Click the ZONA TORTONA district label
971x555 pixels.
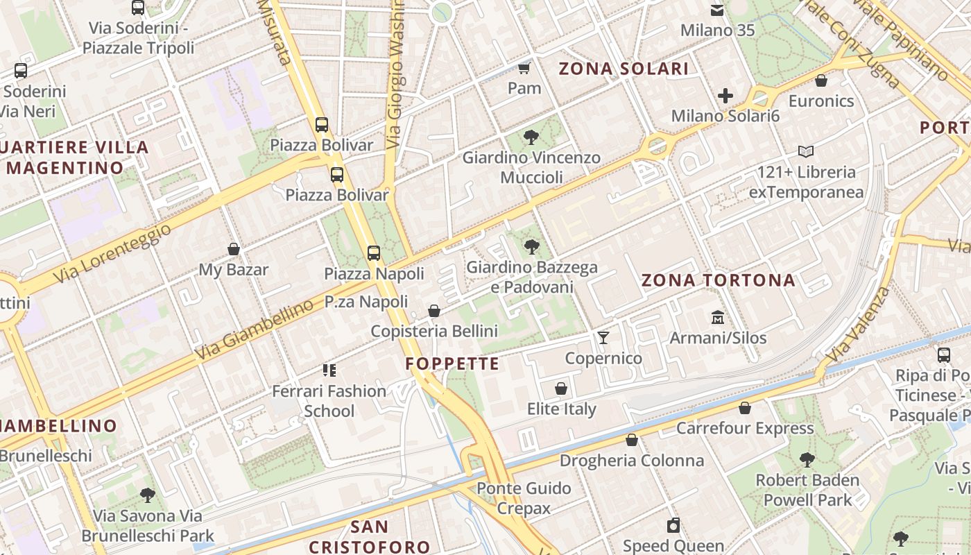[x=718, y=280]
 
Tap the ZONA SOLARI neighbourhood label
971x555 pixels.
[x=624, y=69]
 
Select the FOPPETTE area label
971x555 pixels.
[x=452, y=364]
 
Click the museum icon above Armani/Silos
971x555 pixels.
[x=718, y=318]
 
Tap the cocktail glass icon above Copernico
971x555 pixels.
[x=603, y=338]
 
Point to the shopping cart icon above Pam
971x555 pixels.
[x=524, y=68]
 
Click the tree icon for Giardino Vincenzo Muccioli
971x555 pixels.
[x=531, y=137]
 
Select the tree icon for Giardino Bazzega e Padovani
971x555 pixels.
[x=531, y=246]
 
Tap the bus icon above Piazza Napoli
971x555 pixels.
[x=374, y=253]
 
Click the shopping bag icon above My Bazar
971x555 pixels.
[x=234, y=249]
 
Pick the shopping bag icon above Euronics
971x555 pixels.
[x=821, y=80]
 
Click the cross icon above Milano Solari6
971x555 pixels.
[x=725, y=96]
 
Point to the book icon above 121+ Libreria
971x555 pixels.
[x=805, y=151]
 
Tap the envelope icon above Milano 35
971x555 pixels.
[x=717, y=10]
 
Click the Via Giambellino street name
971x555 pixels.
[x=253, y=331]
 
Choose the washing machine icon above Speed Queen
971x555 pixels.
[x=673, y=525]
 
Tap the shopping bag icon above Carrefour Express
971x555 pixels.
[x=745, y=408]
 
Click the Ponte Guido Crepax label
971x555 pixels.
[x=524, y=498]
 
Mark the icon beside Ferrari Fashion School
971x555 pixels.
[x=329, y=370]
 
